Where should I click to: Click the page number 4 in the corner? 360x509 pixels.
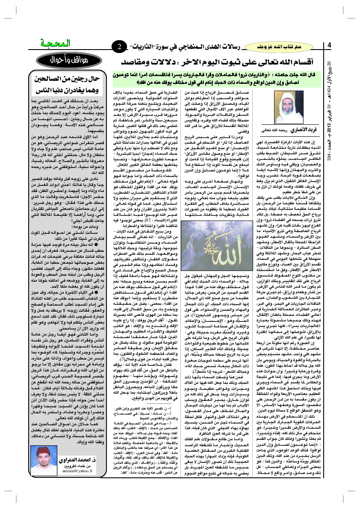tap(329, 45)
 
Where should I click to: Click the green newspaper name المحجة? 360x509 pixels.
tap(55, 44)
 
